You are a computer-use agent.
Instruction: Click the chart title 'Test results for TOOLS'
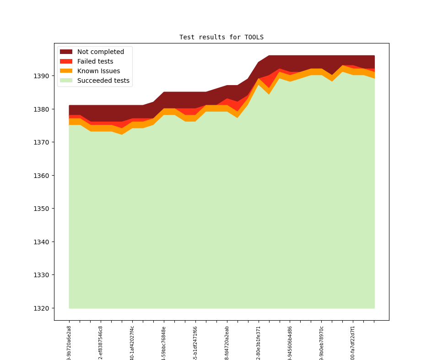(x=221, y=37)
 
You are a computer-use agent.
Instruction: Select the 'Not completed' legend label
(x=100, y=52)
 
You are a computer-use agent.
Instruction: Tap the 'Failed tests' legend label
(x=95, y=61)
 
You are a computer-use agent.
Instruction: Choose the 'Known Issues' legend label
(x=98, y=71)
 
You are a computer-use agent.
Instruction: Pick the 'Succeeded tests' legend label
(x=103, y=81)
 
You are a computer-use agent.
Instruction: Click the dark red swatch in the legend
(x=66, y=52)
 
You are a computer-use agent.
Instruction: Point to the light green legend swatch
(x=66, y=81)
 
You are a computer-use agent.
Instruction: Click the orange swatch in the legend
(x=66, y=71)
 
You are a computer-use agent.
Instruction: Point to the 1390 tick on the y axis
(x=42, y=76)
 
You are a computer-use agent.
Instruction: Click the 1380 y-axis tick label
(x=42, y=109)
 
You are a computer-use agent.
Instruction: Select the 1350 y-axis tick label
(x=42, y=209)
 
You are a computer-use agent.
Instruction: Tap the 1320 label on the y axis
(x=42, y=308)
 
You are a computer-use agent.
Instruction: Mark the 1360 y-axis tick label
(x=42, y=175)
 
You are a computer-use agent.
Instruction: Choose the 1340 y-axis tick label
(x=42, y=242)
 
